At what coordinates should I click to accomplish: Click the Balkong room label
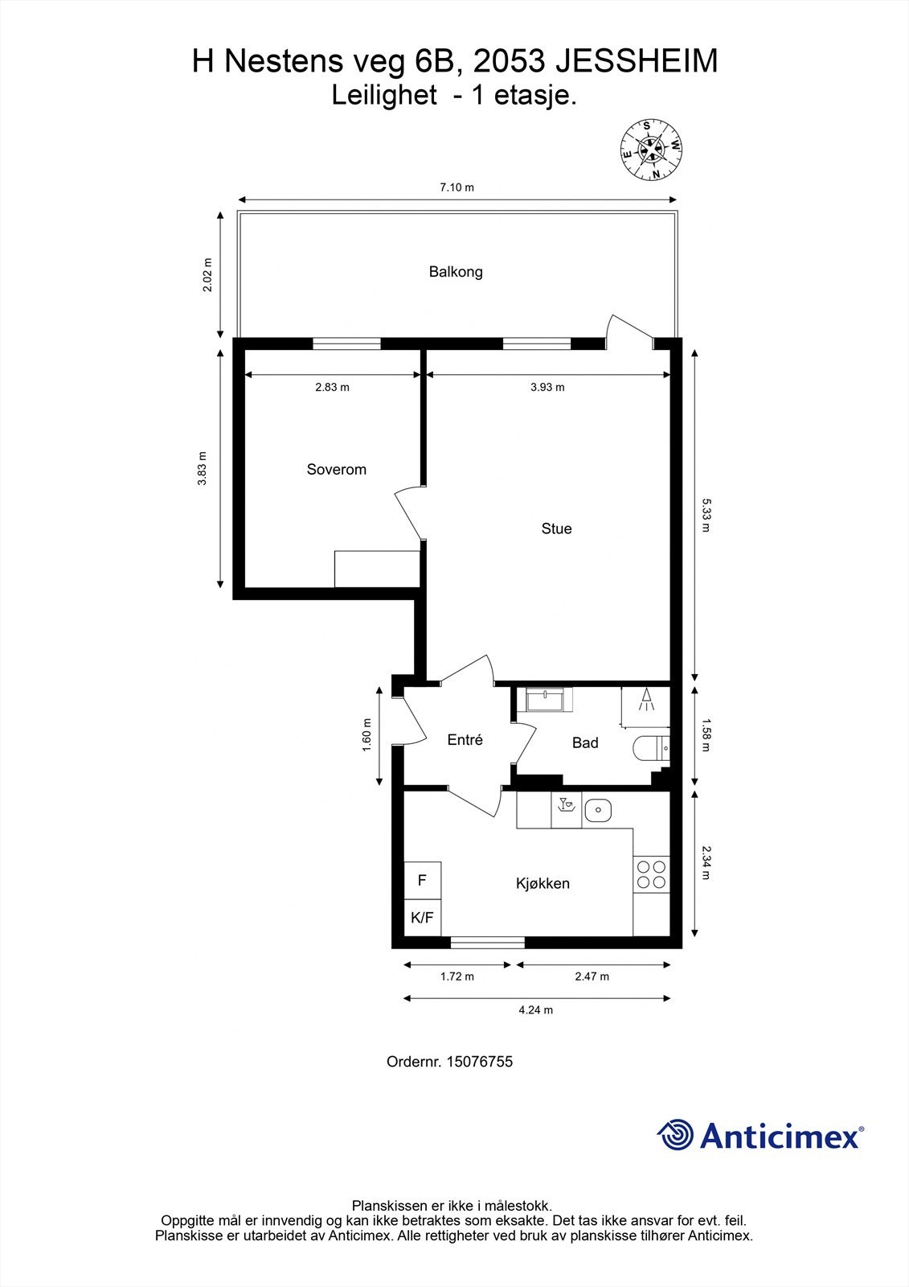pos(456,272)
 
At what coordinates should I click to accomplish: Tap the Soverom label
pos(336,470)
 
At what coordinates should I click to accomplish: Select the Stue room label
pos(556,528)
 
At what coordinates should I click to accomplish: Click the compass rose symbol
pos(651,150)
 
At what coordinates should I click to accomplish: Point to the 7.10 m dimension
pos(457,187)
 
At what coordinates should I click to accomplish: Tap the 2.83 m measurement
pos(332,387)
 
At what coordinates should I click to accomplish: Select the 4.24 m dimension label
pos(535,1010)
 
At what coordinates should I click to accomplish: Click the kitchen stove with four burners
pos(651,874)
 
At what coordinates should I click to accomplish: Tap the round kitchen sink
pos(597,810)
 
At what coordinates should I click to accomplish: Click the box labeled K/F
pos(422,917)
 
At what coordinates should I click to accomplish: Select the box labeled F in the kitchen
pos(422,880)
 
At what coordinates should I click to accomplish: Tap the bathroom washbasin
pos(547,699)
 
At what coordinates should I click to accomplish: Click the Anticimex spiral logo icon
pos(675,1136)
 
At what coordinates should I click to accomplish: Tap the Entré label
pos(465,740)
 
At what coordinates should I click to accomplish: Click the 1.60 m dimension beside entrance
pos(366,734)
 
